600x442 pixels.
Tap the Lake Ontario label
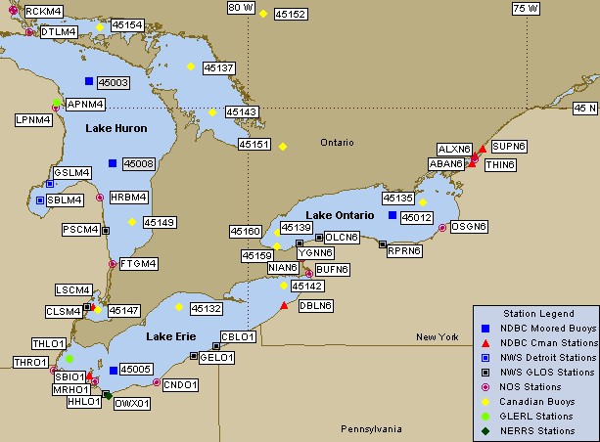339,214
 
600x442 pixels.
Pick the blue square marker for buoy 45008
113,162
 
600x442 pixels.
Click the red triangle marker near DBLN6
284,306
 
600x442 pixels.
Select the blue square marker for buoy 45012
392,215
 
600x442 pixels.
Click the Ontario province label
337,143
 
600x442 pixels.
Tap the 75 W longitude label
526,8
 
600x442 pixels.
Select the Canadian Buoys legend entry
536,401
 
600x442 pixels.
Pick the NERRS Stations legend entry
537,430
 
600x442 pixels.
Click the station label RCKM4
43,11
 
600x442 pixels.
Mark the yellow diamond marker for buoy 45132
178,307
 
